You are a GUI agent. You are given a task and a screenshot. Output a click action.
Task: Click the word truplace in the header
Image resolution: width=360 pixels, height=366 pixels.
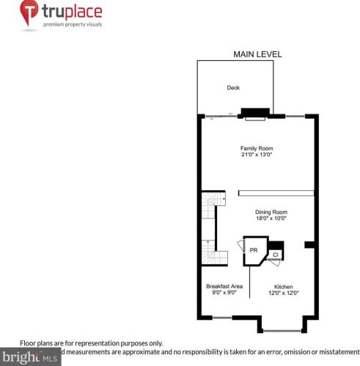(71, 12)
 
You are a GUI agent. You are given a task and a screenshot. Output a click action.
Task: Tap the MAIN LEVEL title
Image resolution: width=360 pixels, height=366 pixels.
(257, 54)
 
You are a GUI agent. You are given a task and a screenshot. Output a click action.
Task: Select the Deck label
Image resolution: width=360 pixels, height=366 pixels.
(233, 87)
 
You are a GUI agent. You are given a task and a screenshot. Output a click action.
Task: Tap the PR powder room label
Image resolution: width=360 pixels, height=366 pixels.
(254, 250)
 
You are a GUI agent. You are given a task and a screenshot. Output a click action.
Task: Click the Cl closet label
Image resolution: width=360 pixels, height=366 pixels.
(276, 255)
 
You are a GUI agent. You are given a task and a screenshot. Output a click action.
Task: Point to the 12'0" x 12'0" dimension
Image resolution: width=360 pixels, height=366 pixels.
(284, 293)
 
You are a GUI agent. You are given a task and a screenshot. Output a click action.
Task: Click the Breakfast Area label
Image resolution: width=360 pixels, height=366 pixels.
(221, 285)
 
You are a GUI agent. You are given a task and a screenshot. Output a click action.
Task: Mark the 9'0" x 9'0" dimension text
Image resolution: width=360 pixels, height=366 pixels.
(221, 293)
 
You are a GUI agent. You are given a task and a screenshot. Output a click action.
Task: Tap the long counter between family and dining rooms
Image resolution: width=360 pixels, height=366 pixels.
(276, 194)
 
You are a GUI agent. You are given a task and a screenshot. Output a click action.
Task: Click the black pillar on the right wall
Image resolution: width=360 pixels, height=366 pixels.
(309, 244)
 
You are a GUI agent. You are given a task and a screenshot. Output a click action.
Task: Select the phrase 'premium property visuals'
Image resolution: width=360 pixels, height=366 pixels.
(71, 24)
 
